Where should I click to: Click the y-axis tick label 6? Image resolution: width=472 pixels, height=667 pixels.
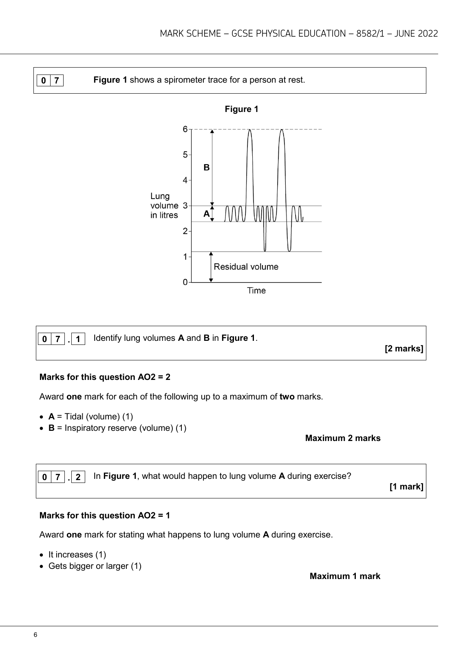[185, 129]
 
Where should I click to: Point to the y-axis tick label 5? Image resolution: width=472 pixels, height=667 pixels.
[185, 155]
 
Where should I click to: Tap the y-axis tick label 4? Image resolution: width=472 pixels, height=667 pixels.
[185, 180]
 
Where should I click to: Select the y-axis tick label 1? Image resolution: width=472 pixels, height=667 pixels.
[185, 257]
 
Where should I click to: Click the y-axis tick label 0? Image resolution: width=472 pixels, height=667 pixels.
[185, 282]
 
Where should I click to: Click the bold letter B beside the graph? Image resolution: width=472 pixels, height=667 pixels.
[207, 167]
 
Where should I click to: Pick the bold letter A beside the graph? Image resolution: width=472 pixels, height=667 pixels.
[207, 214]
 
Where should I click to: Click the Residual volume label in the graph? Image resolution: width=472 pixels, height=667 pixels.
[246, 267]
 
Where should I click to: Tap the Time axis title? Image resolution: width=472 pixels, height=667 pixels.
[256, 291]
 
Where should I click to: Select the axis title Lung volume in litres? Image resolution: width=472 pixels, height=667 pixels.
[164, 206]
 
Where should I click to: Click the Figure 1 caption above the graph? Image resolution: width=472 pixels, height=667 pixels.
[242, 109]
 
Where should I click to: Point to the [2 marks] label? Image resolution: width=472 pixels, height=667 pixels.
[404, 349]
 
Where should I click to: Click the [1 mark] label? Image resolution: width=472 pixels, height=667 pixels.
[406, 487]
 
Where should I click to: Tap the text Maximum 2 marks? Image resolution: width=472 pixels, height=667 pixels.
[343, 438]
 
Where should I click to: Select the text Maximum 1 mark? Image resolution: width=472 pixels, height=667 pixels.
[345, 576]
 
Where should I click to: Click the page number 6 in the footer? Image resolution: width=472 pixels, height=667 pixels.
[35, 635]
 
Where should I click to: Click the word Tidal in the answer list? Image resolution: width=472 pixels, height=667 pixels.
[74, 417]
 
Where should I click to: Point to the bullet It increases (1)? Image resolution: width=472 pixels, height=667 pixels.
[77, 555]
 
